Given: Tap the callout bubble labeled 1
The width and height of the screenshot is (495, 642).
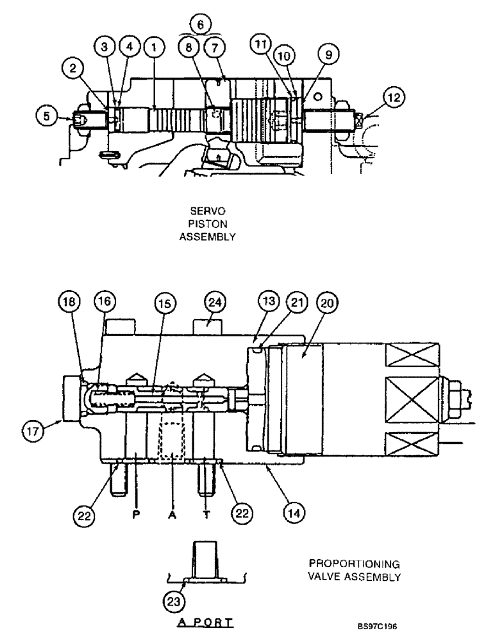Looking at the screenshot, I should coord(155,46).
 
